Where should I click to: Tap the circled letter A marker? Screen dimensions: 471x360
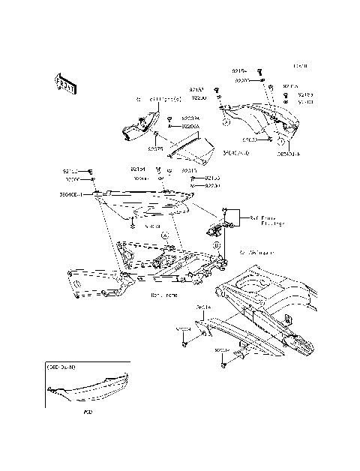coord(164,235)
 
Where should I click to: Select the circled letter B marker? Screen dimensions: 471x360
coord(216,244)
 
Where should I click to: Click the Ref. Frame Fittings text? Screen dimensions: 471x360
coord(263,219)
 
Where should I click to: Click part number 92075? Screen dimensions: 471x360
coord(156,149)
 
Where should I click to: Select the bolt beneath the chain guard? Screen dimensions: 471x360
coord(224,364)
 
